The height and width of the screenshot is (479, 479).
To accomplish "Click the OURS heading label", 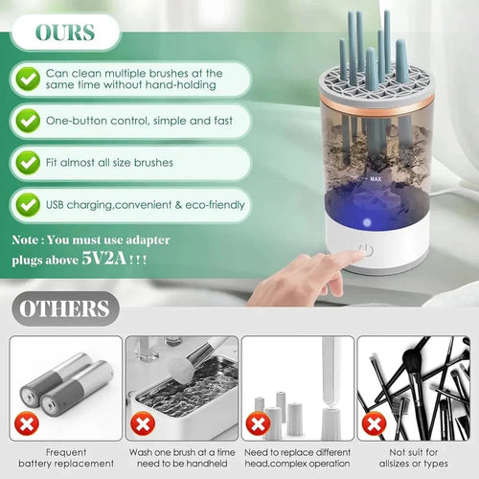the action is pyautogui.click(x=65, y=33).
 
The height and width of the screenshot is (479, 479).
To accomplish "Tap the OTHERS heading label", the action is pyautogui.click(x=64, y=308).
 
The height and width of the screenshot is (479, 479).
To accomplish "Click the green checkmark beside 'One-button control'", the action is pyautogui.click(x=28, y=121).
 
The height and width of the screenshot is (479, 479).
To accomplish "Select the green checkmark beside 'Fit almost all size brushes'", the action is pyautogui.click(x=28, y=163).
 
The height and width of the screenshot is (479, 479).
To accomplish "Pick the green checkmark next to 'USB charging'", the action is pyautogui.click(x=28, y=205).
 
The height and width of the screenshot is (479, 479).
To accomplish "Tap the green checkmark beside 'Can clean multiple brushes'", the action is pyautogui.click(x=28, y=79).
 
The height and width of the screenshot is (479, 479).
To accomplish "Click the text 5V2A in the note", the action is pyautogui.click(x=104, y=258).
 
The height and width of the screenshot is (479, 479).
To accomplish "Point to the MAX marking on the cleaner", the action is pyautogui.click(x=376, y=179).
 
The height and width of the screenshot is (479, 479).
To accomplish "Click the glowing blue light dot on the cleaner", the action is pyautogui.click(x=367, y=222).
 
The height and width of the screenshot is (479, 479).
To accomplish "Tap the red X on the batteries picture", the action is pyautogui.click(x=27, y=423).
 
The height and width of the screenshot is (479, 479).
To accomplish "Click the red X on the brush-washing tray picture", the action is pyautogui.click(x=143, y=423).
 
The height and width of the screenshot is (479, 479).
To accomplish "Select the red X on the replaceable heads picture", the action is pyautogui.click(x=258, y=423).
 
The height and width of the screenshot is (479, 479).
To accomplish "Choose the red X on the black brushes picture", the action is pyautogui.click(x=374, y=423).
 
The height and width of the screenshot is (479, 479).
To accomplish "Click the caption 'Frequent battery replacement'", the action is pyautogui.click(x=66, y=458).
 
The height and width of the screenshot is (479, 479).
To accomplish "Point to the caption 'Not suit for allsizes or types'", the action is pyautogui.click(x=414, y=458).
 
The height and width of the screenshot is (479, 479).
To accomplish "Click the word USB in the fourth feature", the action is pyautogui.click(x=55, y=205).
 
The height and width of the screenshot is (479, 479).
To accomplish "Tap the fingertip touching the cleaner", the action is pyautogui.click(x=360, y=254).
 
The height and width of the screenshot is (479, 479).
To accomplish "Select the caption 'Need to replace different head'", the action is pyautogui.click(x=297, y=458).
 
